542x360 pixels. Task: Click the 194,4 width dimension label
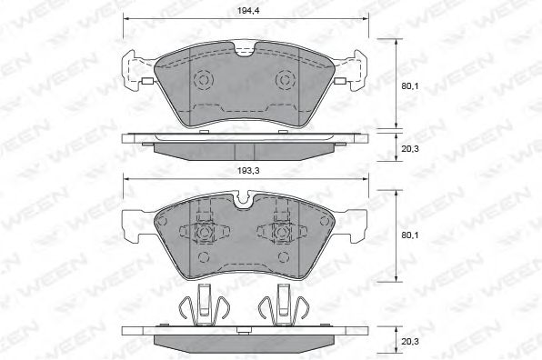click(248, 10)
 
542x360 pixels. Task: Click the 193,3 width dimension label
click(248, 171)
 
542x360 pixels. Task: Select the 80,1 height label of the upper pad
click(409, 86)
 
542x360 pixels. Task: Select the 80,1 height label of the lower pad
click(409, 235)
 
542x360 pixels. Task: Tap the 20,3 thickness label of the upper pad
click(410, 148)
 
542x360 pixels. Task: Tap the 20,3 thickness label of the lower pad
click(410, 341)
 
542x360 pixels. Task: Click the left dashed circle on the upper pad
click(204, 80)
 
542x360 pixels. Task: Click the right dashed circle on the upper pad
click(286, 80)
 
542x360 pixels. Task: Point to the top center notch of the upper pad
click(245, 49)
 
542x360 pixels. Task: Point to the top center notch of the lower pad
click(245, 200)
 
